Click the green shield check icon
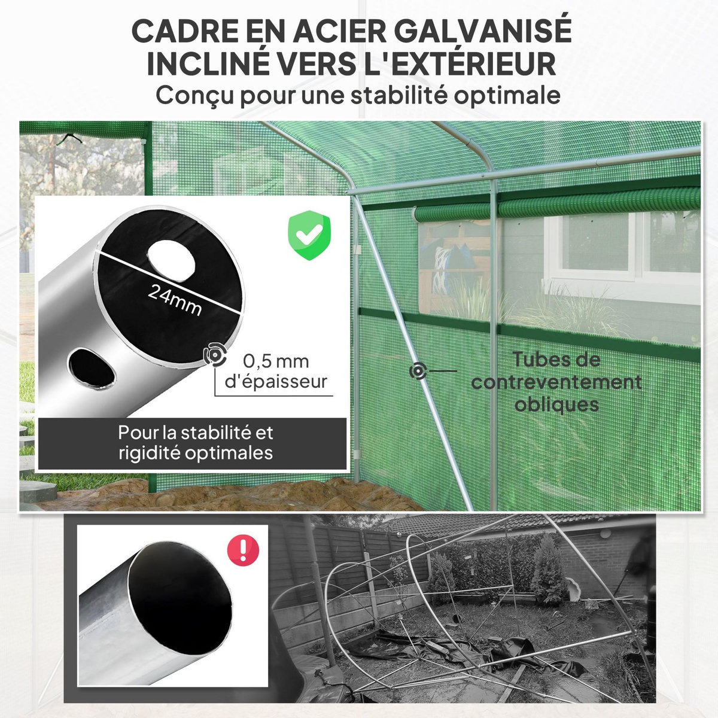(309, 235)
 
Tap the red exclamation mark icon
(244, 549)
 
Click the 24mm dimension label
(174, 300)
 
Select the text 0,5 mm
(276, 361)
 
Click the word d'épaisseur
(276, 381)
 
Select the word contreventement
(556, 382)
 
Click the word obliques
(556, 404)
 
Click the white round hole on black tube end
(173, 257)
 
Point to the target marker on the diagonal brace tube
(418, 370)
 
